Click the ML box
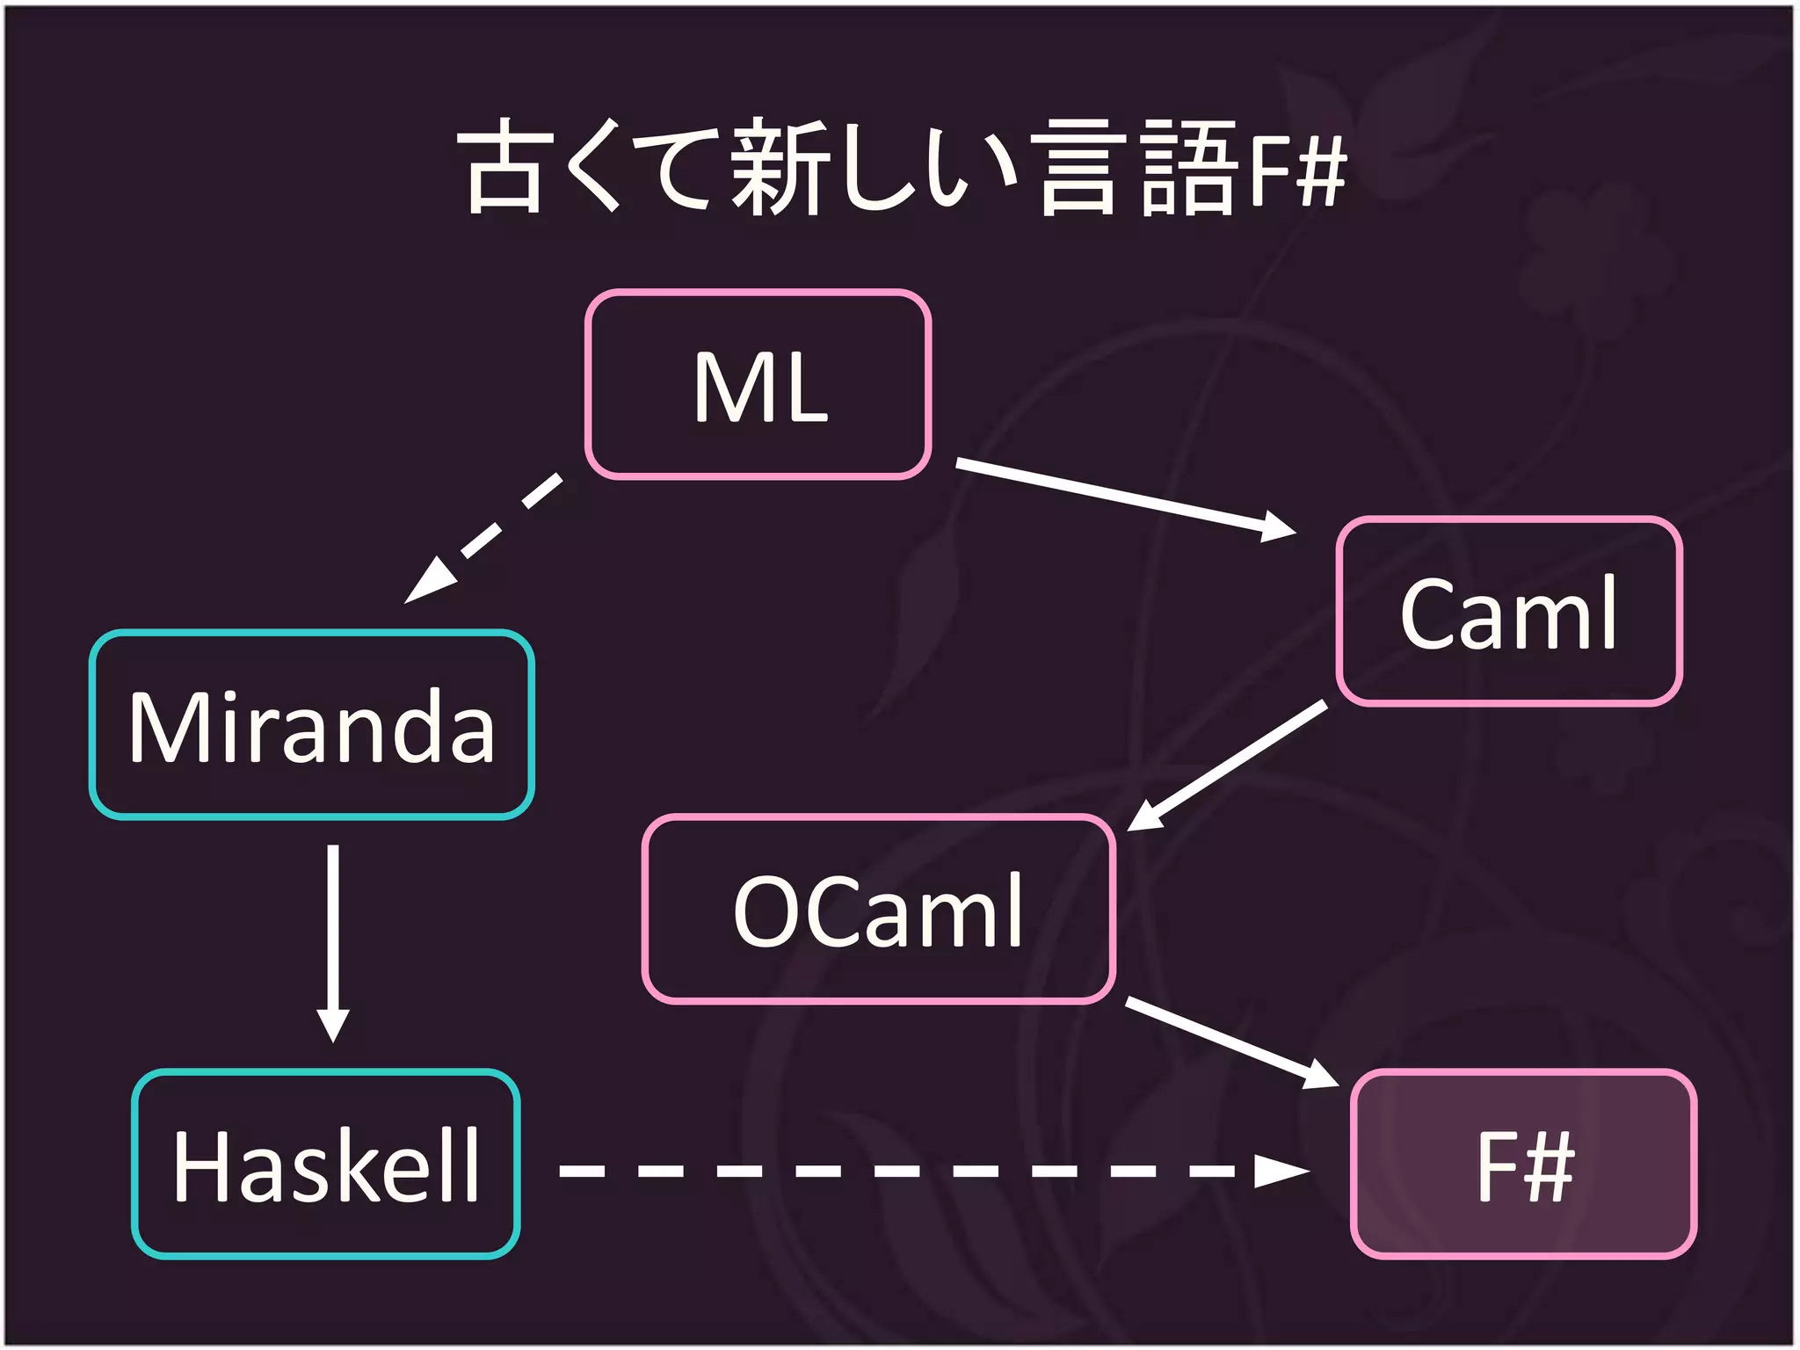pyautogui.click(x=758, y=385)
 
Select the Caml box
pyautogui.click(x=1508, y=612)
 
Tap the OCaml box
pyautogui.click(x=879, y=910)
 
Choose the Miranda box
pyautogui.click(x=312, y=725)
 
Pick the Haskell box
pyautogui.click(x=326, y=1165)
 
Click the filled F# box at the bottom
pyautogui.click(x=1523, y=1165)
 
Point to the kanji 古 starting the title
pyautogui.click(x=503, y=167)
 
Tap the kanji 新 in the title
pyautogui.click(x=777, y=167)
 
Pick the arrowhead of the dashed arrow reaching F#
pyautogui.click(x=1281, y=1171)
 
